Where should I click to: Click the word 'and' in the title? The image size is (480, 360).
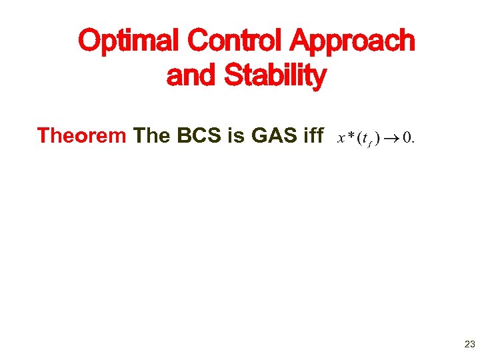coord(193,75)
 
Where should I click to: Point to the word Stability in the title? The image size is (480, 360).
coord(275,77)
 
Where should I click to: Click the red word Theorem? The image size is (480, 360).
coord(82,136)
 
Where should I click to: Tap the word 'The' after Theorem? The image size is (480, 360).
coord(152,136)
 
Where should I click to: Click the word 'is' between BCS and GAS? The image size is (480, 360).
coord(236,136)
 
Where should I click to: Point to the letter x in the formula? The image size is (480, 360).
coord(342,138)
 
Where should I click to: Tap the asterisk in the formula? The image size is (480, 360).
coord(351,137)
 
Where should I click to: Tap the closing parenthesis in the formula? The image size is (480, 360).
coord(377,139)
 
